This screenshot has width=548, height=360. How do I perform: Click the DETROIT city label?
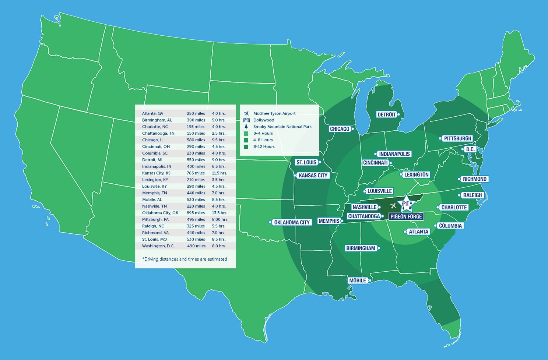click(x=387, y=114)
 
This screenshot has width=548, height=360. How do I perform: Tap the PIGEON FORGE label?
click(x=406, y=216)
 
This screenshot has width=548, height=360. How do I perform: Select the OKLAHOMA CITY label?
click(x=292, y=222)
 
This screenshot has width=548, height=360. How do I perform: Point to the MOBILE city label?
click(x=358, y=280)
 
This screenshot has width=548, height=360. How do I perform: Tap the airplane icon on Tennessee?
click(x=393, y=206)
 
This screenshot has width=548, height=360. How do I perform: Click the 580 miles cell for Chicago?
click(x=196, y=140)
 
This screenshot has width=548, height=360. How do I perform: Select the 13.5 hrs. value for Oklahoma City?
click(x=219, y=213)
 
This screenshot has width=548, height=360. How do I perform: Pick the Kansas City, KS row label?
click(x=156, y=173)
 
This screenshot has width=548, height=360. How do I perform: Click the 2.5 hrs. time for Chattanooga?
click(x=218, y=133)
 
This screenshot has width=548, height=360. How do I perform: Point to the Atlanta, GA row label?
click(x=152, y=113)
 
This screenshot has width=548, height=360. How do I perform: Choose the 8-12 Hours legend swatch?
click(x=246, y=147)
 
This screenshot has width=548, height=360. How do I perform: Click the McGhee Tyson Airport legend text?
click(x=274, y=113)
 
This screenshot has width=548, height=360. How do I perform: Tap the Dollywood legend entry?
click(x=264, y=120)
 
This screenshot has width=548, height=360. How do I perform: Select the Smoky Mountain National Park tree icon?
click(x=246, y=127)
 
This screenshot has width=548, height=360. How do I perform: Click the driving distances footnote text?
click(x=185, y=259)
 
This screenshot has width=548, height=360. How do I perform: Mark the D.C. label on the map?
click(x=470, y=149)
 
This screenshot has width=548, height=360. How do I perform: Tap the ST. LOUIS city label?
click(x=306, y=162)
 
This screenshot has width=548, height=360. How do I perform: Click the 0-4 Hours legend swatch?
click(x=246, y=133)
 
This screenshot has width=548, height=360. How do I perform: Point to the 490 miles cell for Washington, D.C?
click(x=196, y=246)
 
